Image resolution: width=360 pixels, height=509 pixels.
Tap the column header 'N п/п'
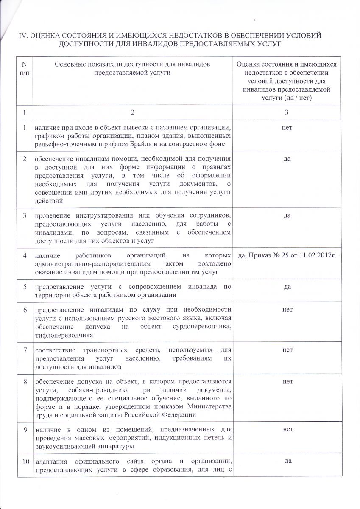[x=24, y=68]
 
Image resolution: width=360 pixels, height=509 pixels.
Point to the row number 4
[x=25, y=255]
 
